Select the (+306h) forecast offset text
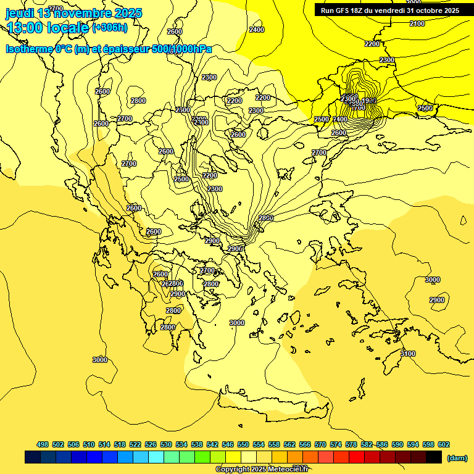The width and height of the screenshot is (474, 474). click(x=110, y=27)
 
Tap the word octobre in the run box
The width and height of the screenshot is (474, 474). click(x=428, y=10)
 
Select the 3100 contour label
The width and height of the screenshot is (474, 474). click(x=407, y=354)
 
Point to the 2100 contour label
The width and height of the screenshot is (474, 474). click(x=417, y=23)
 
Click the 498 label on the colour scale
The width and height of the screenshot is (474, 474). click(x=43, y=444)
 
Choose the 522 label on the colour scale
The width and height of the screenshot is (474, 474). click(x=135, y=444)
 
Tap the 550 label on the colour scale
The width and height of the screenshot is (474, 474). click(x=243, y=444)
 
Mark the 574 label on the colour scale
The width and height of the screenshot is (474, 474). click(x=336, y=444)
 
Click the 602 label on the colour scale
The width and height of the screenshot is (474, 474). click(x=443, y=444)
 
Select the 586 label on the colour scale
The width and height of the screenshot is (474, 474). click(x=382, y=444)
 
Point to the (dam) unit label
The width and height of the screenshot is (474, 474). click(x=457, y=457)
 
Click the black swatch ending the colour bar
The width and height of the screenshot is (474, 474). click(x=434, y=457)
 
